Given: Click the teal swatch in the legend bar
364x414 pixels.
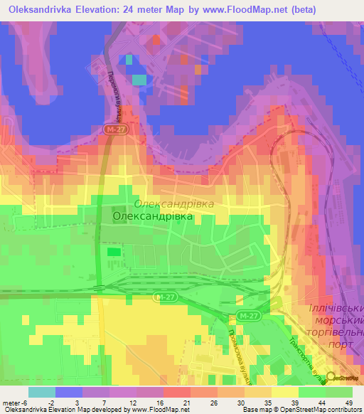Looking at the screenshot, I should (x=41, y=392).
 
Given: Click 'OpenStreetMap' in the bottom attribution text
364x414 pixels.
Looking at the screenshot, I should (x=313, y=410).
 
